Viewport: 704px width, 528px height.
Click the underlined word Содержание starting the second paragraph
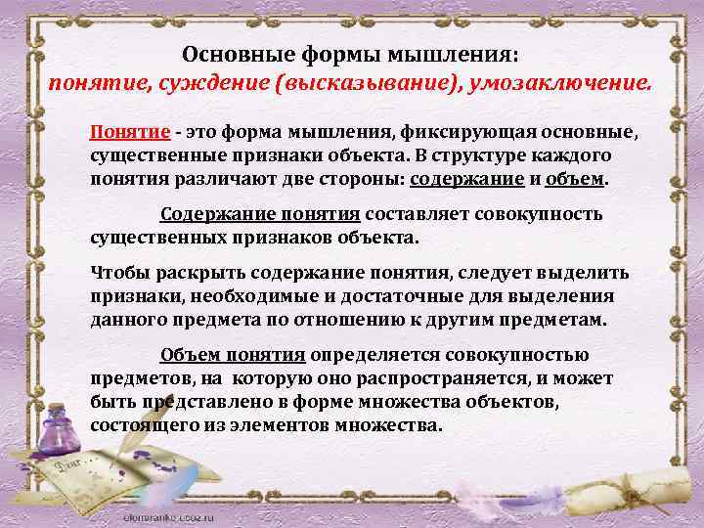[208, 214]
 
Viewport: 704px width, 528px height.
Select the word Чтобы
[116, 273]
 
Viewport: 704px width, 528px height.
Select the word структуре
[473, 156]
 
